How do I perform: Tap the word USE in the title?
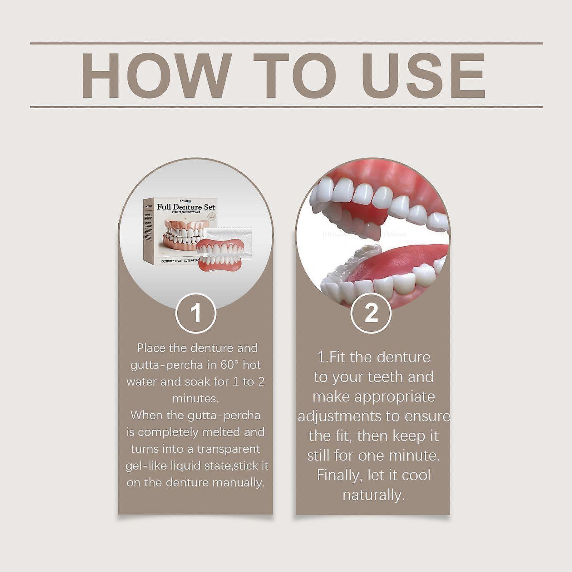point(422,76)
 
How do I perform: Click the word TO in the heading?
point(295,76)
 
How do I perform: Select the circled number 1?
point(196,313)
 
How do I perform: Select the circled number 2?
point(371,313)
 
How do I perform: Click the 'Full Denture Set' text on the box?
point(186,207)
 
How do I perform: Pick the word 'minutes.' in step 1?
point(196,398)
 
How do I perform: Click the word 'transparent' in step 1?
point(228,449)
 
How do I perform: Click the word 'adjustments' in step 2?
point(340,416)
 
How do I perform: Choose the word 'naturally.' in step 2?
point(374,495)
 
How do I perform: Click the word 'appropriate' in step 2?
point(395,397)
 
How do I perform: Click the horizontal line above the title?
point(286,44)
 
